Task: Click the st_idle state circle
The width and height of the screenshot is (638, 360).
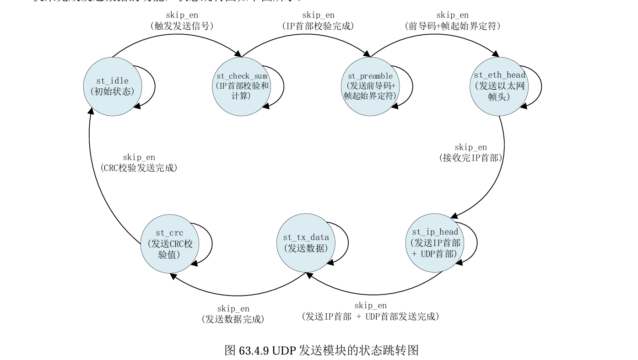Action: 112,86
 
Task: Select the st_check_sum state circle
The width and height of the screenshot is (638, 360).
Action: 241,86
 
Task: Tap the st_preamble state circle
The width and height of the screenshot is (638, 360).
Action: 370,86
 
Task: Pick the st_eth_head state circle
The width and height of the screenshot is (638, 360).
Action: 499,86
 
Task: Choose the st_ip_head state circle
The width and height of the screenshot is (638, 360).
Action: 434,243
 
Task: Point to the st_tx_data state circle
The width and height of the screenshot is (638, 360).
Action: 306,243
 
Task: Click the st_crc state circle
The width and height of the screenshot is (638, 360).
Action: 169,244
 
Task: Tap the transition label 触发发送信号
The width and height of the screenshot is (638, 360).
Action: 182,26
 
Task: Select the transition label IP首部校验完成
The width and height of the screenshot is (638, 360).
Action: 318,26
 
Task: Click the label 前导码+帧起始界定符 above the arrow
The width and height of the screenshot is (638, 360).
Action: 452,26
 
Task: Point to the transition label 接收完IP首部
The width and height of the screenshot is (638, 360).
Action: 470,158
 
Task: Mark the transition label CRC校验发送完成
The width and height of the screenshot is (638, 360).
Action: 139,168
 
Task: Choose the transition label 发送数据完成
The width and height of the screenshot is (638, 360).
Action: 233,319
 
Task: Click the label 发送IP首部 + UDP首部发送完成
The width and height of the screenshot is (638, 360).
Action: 370,316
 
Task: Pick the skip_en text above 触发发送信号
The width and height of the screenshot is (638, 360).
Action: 182,16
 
